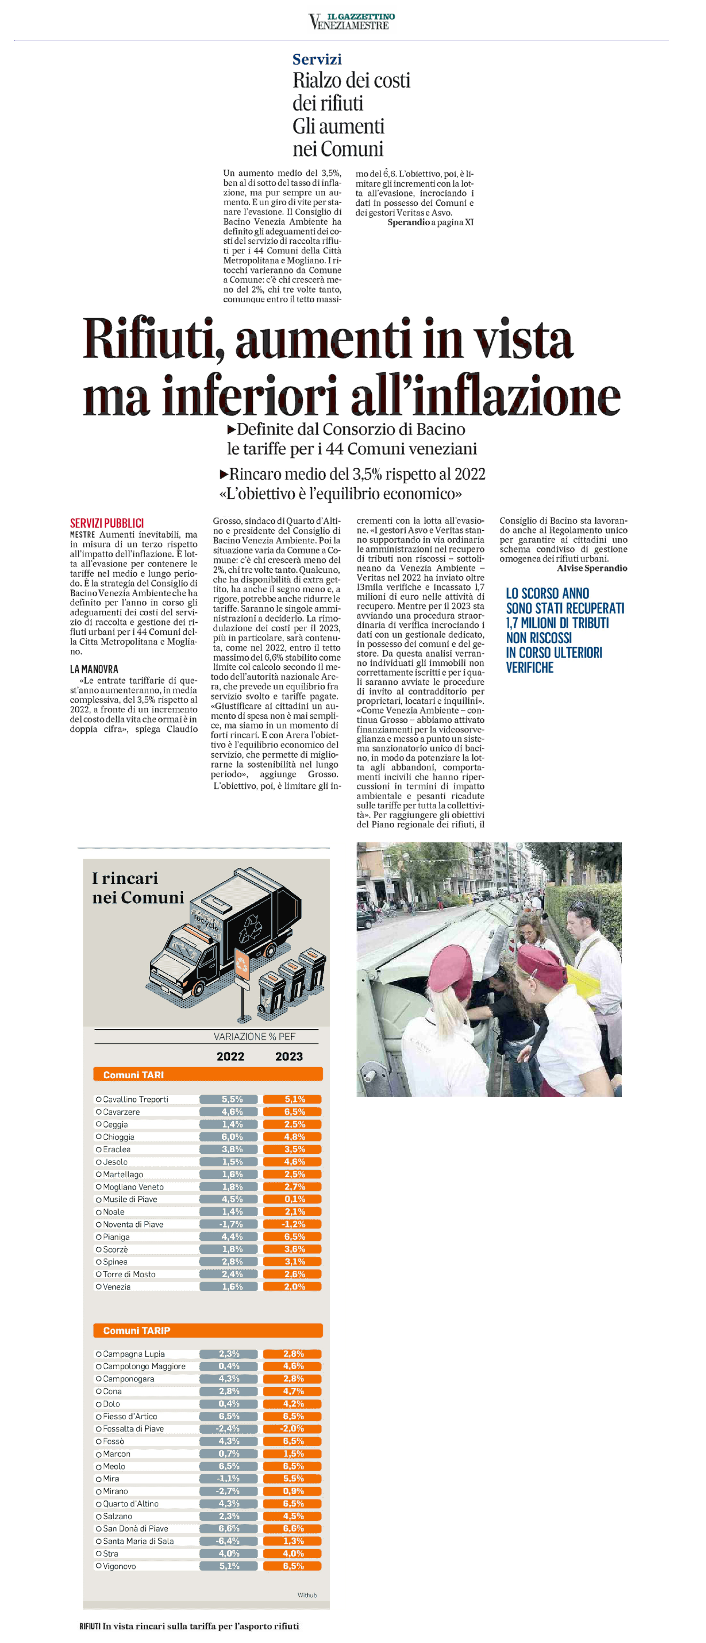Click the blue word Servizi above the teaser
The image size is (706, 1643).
coord(317,59)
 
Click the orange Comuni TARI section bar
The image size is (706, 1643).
coord(208,1075)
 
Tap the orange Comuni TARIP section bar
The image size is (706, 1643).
coord(208,1330)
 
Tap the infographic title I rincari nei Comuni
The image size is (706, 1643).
coord(138,888)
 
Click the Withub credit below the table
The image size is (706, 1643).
coord(307,1595)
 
